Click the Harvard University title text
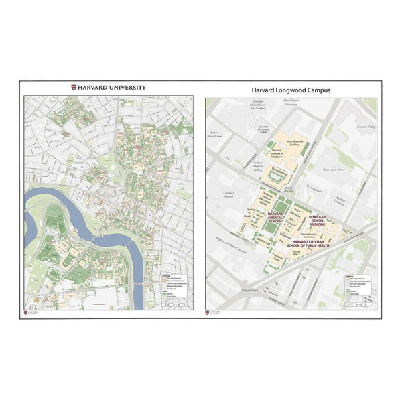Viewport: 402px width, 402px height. [111, 87]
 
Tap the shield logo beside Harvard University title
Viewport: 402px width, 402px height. [74, 87]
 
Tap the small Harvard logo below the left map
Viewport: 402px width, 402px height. [31, 312]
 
